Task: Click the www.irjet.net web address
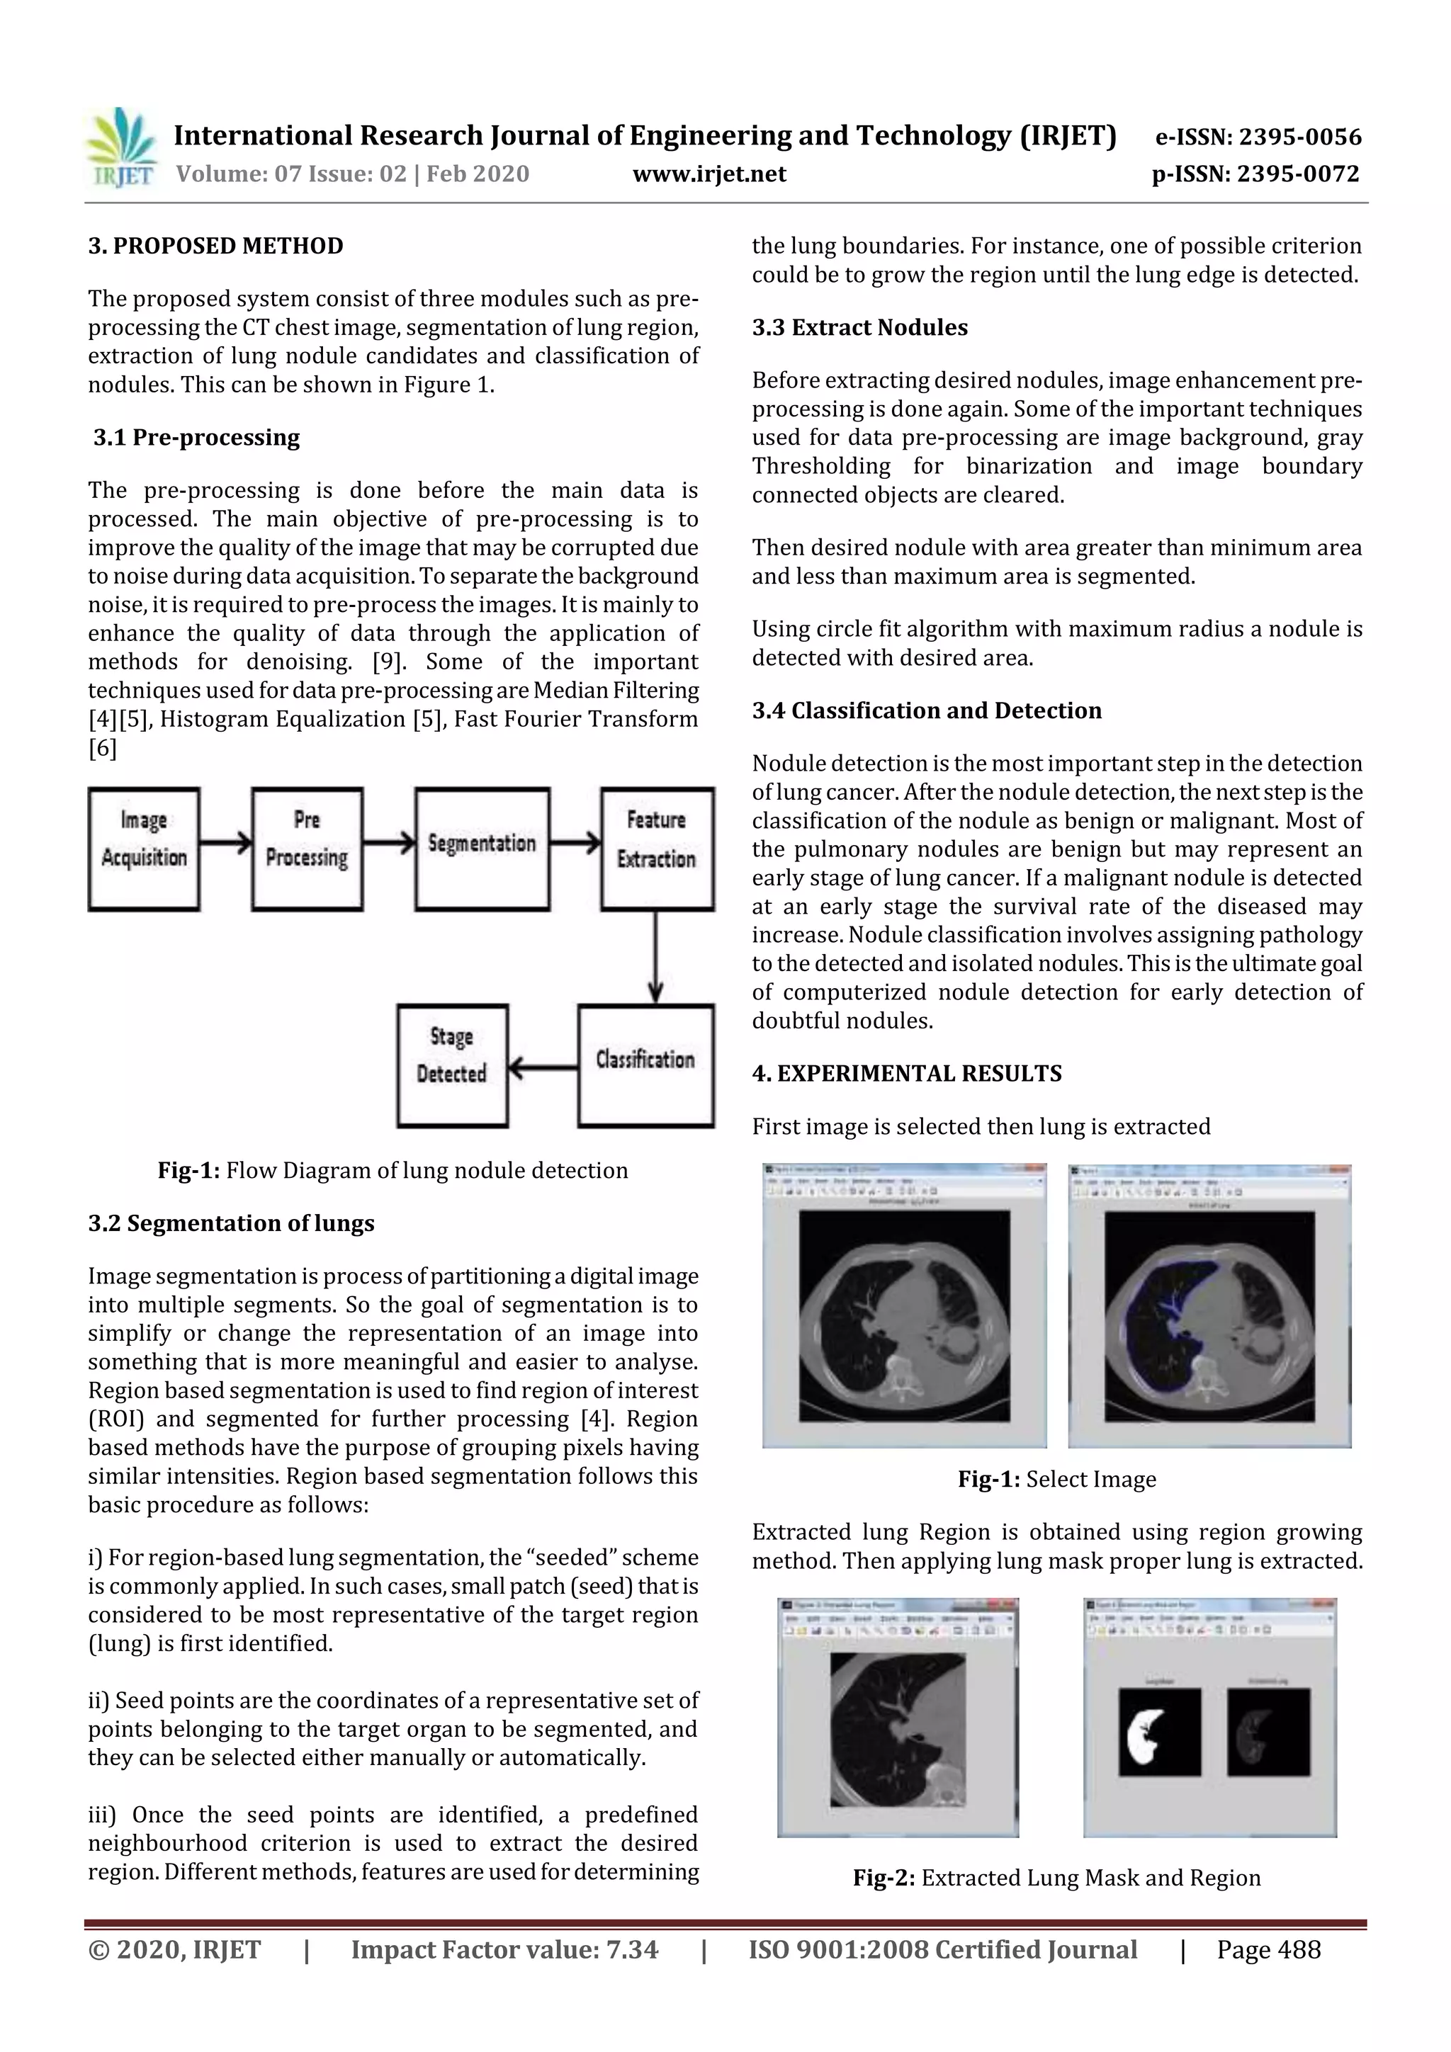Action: [x=709, y=174]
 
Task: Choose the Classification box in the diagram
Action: [x=645, y=1065]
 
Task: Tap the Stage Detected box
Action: [x=453, y=1065]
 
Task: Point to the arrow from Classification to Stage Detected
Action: [x=543, y=1066]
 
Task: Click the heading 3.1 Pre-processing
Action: [x=197, y=438]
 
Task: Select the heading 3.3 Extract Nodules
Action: [x=859, y=328]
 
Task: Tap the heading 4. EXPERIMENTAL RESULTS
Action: [x=907, y=1073]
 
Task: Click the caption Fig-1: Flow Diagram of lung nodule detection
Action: [x=393, y=1171]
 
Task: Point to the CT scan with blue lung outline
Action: [x=1209, y=1315]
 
